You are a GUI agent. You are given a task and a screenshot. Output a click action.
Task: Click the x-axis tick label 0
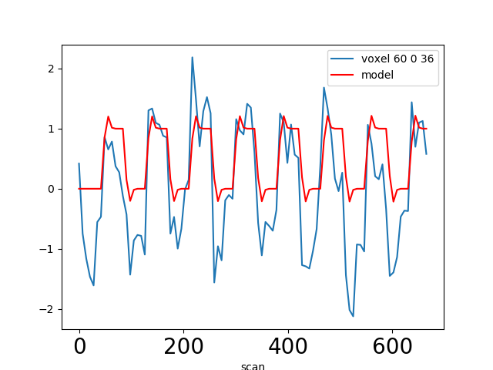79,347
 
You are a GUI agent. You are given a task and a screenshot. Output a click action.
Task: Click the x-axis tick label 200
183,347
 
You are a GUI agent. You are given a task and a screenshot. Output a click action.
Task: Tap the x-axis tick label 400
288,347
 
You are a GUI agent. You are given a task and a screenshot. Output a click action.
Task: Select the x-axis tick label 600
393,347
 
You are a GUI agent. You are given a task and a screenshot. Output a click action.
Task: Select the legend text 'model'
377,75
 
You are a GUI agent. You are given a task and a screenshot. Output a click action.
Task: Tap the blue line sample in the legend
344,59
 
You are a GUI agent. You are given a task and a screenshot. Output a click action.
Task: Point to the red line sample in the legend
344,75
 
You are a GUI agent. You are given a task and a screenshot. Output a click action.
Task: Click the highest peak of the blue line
192,57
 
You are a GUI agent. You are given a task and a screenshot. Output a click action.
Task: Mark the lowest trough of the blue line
353,316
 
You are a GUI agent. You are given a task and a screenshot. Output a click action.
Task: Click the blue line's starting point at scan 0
79,163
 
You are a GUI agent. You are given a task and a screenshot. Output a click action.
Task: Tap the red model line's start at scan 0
79,189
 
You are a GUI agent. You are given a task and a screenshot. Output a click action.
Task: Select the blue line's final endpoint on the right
426,154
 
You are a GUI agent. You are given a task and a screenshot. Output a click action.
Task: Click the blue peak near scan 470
324,87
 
